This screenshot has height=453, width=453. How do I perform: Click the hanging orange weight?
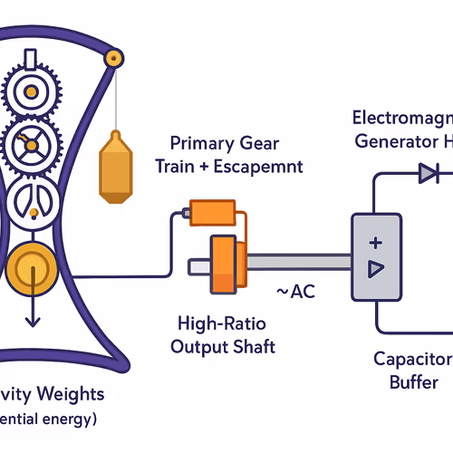tap(115, 168)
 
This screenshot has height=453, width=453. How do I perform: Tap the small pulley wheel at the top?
tap(113, 57)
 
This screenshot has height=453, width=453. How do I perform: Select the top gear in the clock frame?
tap(34, 92)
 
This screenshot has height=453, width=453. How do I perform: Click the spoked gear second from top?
tap(34, 144)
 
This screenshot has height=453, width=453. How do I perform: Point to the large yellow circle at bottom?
tap(34, 269)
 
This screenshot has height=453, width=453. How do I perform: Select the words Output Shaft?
tap(226, 346)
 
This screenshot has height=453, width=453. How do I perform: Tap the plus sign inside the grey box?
tap(376, 243)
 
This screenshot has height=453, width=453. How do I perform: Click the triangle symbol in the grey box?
tap(376, 269)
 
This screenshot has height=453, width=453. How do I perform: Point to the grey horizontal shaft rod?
tap(290, 264)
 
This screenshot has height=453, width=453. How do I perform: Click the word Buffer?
tap(413, 381)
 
